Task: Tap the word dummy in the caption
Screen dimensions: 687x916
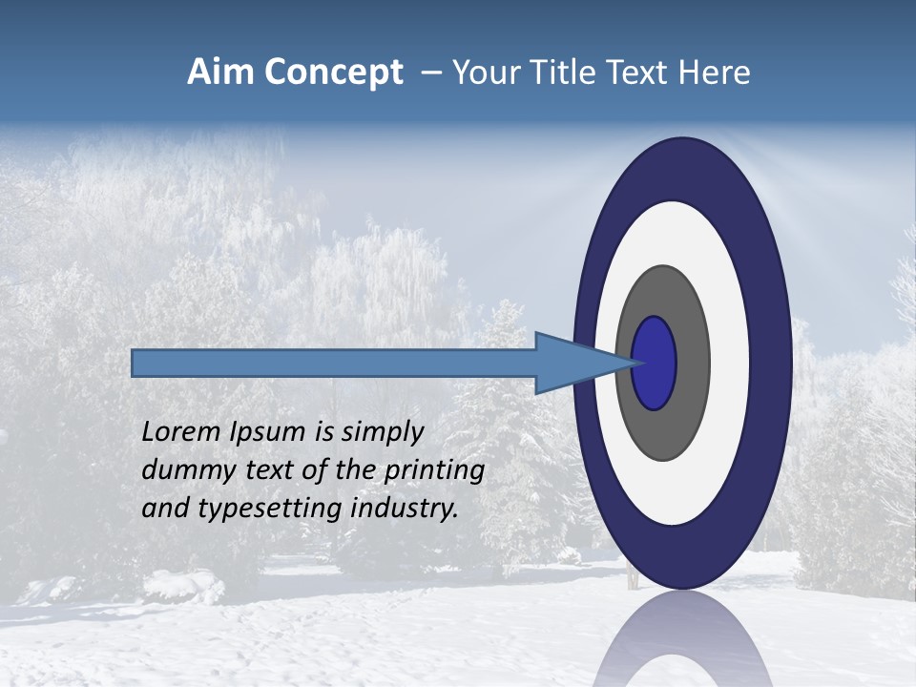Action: pyautogui.click(x=185, y=470)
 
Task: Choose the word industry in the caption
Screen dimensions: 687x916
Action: pyautogui.click(x=405, y=509)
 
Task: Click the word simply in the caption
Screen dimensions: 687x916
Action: pyautogui.click(x=383, y=432)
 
